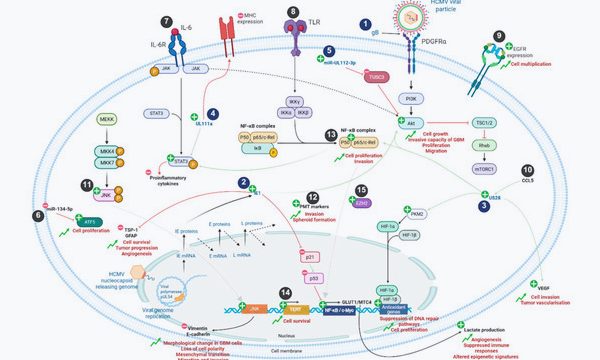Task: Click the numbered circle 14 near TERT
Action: tap(285, 292)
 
